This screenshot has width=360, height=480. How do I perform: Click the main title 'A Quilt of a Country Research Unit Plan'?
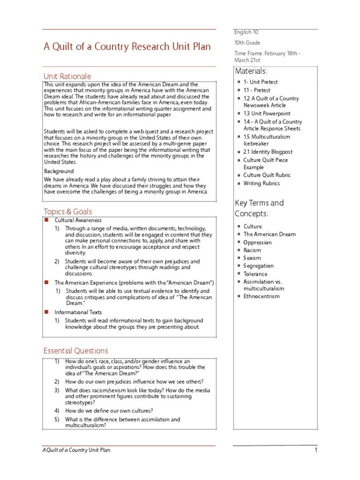[x=127, y=47]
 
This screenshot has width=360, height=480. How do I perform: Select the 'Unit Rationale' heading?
[x=67, y=76]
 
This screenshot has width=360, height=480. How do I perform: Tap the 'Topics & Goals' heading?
[x=68, y=211]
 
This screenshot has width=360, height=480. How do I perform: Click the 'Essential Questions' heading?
[x=75, y=351]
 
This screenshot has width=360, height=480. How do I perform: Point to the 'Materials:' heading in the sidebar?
[x=251, y=71]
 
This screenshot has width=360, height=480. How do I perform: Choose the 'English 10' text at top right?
[x=246, y=32]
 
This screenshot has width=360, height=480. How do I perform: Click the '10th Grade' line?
[x=247, y=43]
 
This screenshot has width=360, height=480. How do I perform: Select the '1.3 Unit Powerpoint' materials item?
[x=267, y=113]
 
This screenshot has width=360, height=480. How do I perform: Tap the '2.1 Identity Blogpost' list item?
[x=268, y=152]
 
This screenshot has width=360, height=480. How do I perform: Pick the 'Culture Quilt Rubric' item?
[x=267, y=175]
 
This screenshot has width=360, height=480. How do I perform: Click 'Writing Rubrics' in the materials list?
[x=262, y=183]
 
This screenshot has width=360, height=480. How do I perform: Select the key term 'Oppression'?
[x=257, y=242]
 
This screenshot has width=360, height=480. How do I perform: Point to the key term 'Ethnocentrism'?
[x=261, y=296]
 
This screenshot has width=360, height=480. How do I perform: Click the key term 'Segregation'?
[x=258, y=266]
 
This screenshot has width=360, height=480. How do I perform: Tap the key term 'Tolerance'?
[x=255, y=274]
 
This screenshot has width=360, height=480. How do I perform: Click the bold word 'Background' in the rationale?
[x=59, y=172]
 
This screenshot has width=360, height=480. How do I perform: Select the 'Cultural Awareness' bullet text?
[x=78, y=220]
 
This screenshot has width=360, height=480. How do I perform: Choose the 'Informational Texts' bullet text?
[x=78, y=312]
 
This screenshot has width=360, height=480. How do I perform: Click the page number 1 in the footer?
[x=316, y=450]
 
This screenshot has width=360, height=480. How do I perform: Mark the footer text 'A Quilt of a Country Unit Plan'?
[x=76, y=450]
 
